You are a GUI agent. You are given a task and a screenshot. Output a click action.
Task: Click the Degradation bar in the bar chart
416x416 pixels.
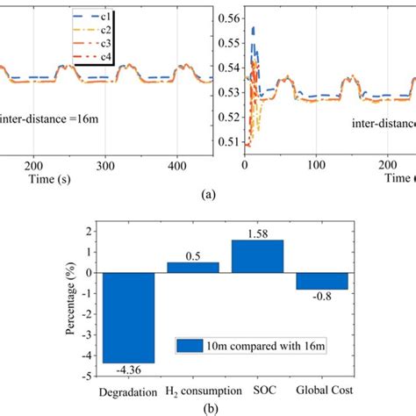[x=128, y=317]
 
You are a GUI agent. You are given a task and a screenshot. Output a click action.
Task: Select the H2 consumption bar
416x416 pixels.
[x=193, y=267]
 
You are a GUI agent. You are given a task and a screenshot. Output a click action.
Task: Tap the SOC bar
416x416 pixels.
[x=257, y=255]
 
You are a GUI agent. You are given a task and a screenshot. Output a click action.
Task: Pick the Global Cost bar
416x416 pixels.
[x=321, y=281]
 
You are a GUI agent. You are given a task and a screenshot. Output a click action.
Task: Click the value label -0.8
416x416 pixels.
[x=322, y=297]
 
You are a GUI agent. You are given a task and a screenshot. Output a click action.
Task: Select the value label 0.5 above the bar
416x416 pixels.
[x=193, y=255]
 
